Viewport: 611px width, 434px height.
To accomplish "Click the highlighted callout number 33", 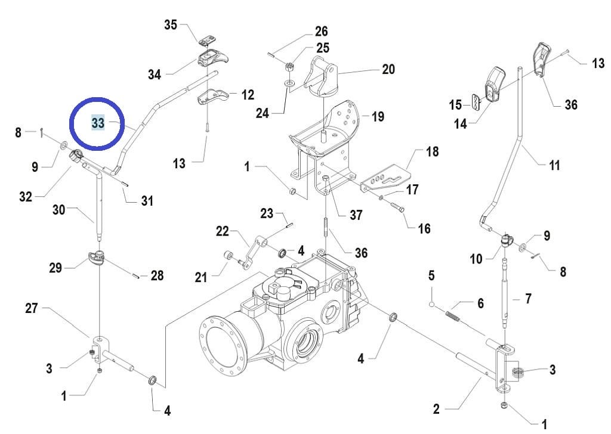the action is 98,123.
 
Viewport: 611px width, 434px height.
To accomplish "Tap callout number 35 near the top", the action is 171,25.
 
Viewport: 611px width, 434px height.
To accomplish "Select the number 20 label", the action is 388,69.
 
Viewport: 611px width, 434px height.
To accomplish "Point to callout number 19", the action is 377,116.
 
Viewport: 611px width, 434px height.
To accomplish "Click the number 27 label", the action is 32,308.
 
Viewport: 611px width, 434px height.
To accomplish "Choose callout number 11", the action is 554,165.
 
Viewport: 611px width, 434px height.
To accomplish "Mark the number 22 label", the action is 223,231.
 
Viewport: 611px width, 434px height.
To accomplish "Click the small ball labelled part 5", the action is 432,303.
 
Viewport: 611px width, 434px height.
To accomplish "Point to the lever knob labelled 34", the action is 213,58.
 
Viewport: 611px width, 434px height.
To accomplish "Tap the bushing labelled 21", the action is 227,256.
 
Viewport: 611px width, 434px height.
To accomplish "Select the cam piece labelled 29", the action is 96,258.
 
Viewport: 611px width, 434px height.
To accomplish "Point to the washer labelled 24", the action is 289,83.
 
